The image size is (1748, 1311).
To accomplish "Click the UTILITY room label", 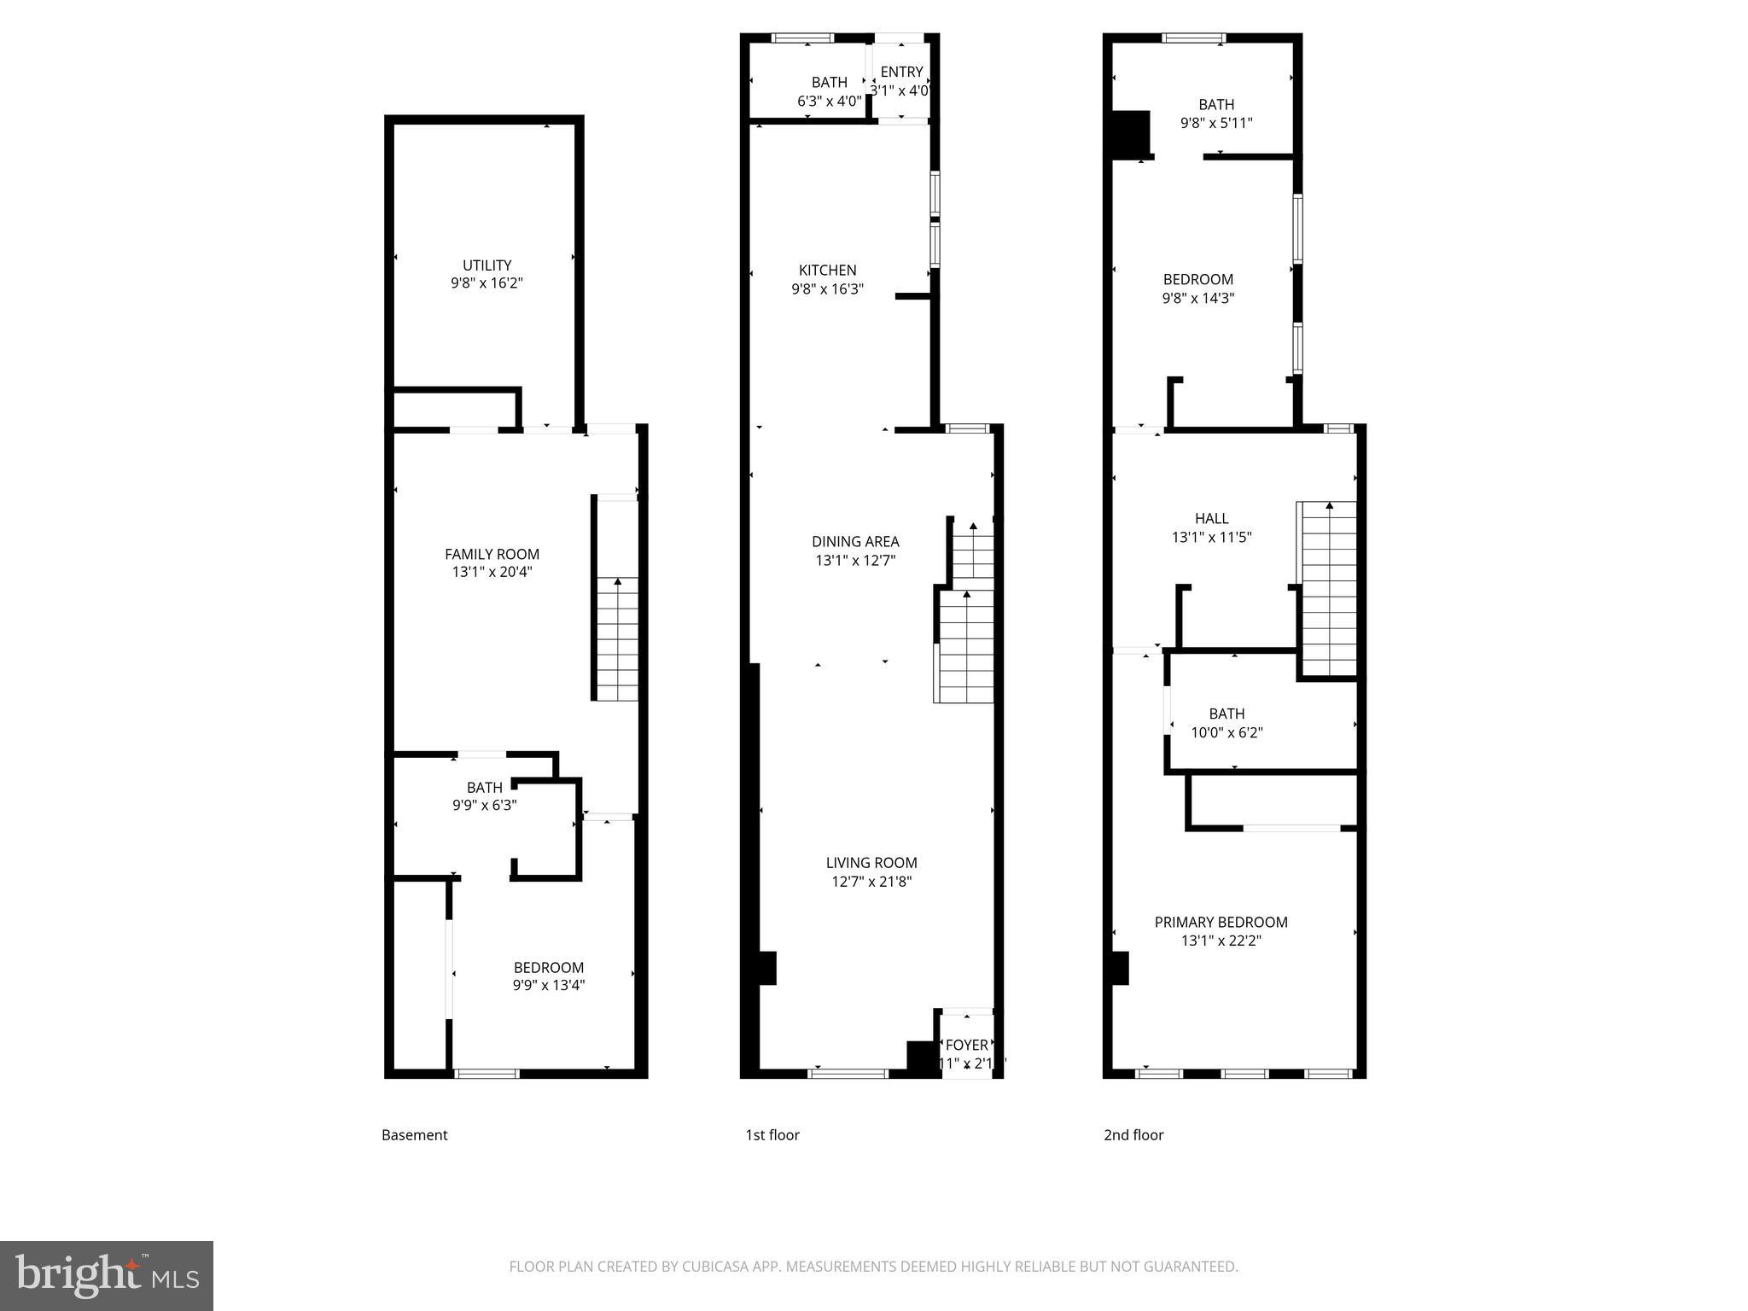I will (x=487, y=265).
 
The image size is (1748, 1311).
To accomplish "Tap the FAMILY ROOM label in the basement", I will (x=492, y=554).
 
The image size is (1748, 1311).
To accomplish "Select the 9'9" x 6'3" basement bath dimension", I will (x=484, y=805).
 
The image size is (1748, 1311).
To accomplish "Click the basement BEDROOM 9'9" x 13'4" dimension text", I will (x=548, y=985).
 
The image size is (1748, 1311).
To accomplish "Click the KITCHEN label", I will (x=827, y=270).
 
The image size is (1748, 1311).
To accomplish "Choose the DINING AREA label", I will (x=854, y=541).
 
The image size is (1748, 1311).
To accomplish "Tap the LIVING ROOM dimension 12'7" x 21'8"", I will (x=871, y=882).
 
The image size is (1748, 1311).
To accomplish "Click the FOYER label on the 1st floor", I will (x=966, y=1045).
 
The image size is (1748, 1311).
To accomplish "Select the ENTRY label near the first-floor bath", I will (x=901, y=72).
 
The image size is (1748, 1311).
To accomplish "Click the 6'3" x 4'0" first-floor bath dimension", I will (x=829, y=101).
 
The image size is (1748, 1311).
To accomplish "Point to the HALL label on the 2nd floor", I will (x=1211, y=518).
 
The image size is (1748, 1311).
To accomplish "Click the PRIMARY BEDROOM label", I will (x=1221, y=922).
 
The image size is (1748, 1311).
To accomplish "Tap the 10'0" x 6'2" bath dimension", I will (x=1227, y=732).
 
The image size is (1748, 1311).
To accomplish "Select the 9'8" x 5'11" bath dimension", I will (x=1215, y=123).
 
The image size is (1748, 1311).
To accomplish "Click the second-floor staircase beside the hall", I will (x=1328, y=589).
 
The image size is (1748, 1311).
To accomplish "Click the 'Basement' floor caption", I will (x=414, y=1134).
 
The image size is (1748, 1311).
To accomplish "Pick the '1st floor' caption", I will (x=772, y=1134).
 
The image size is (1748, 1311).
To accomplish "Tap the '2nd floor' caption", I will (x=1133, y=1134).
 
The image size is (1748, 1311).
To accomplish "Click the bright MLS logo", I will (x=107, y=1275).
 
